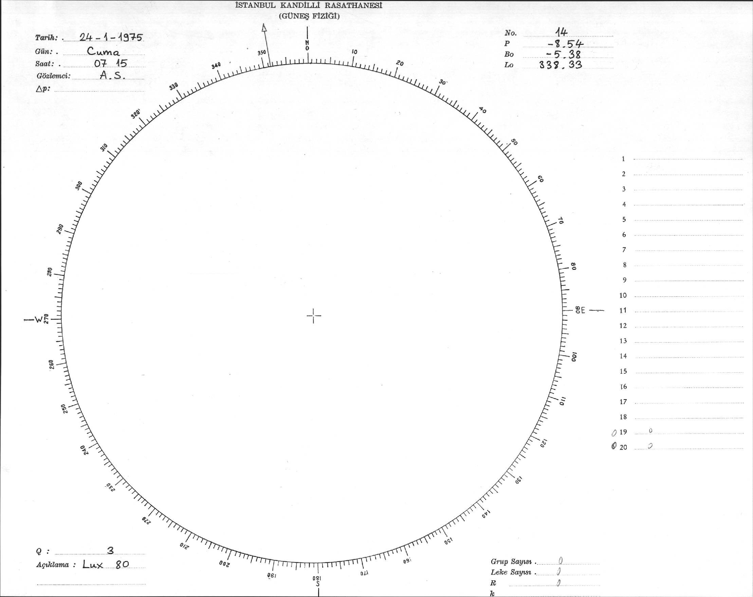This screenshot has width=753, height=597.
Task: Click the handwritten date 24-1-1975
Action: (111, 37)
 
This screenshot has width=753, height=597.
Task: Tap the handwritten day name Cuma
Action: (104, 52)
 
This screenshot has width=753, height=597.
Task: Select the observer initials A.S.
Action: (112, 75)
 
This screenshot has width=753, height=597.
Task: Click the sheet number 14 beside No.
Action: (561, 33)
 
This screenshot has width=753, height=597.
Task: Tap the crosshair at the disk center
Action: (314, 316)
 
